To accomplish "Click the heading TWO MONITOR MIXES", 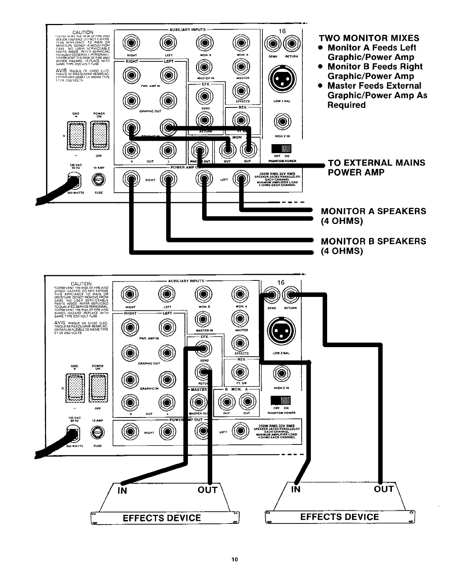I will pos(369,38).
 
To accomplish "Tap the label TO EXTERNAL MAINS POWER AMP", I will pos(376,167).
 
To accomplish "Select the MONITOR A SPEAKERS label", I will pos(373,211).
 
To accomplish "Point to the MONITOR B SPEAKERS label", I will pos(373,241).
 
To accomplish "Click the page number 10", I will pos(234,560).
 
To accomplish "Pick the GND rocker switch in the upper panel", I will pos(76,134).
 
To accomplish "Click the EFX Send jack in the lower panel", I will pos(204,349).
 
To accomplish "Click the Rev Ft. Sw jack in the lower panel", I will pos(241,371).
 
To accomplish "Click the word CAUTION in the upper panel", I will pos(83,32).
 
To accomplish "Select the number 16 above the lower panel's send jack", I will pos(281,282).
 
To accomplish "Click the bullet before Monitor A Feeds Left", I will pos(321,48).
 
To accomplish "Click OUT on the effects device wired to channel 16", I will pos(384,489).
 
